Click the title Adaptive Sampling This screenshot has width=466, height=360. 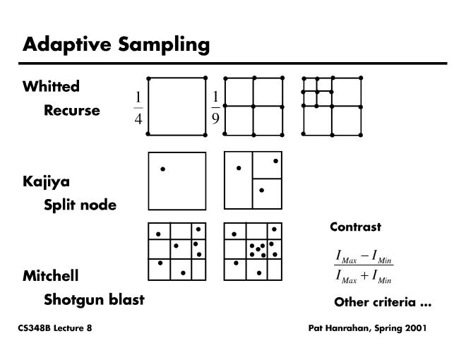[x=116, y=44]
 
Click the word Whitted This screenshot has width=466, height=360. [x=51, y=87]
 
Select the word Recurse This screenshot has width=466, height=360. [x=72, y=111]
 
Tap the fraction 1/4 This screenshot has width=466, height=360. [x=138, y=107]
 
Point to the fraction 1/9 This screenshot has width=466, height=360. [x=215, y=107]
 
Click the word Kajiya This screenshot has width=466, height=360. [x=46, y=182]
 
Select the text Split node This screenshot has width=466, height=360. [x=80, y=205]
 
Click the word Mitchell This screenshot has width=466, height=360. [x=50, y=276]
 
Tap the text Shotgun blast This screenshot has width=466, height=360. [x=94, y=299]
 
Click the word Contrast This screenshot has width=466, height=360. [x=355, y=227]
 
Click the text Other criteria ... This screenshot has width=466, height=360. [x=382, y=303]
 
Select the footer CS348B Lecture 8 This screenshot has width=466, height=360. [x=55, y=328]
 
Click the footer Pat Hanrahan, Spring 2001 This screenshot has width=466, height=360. [x=367, y=328]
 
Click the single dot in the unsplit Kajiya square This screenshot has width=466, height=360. [x=162, y=169]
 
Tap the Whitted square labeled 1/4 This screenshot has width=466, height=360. [x=177, y=106]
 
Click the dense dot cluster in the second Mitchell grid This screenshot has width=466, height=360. [x=257, y=250]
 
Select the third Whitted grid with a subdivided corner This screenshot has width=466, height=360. [x=332, y=106]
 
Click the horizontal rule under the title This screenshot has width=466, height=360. [x=233, y=64]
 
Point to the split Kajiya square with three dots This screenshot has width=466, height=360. [x=253, y=181]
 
